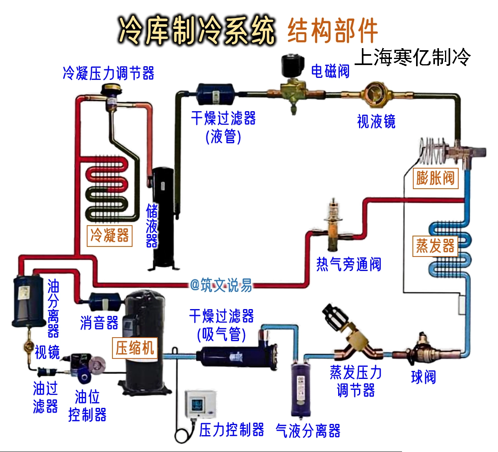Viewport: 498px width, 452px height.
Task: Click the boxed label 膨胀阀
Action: click(435, 178)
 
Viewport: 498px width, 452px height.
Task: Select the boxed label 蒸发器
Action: click(435, 246)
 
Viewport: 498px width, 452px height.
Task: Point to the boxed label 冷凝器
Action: click(110, 236)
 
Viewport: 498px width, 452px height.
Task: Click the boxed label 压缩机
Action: click(135, 348)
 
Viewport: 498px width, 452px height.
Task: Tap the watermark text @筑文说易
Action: click(221, 285)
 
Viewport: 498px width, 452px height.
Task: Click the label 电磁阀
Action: click(330, 71)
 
